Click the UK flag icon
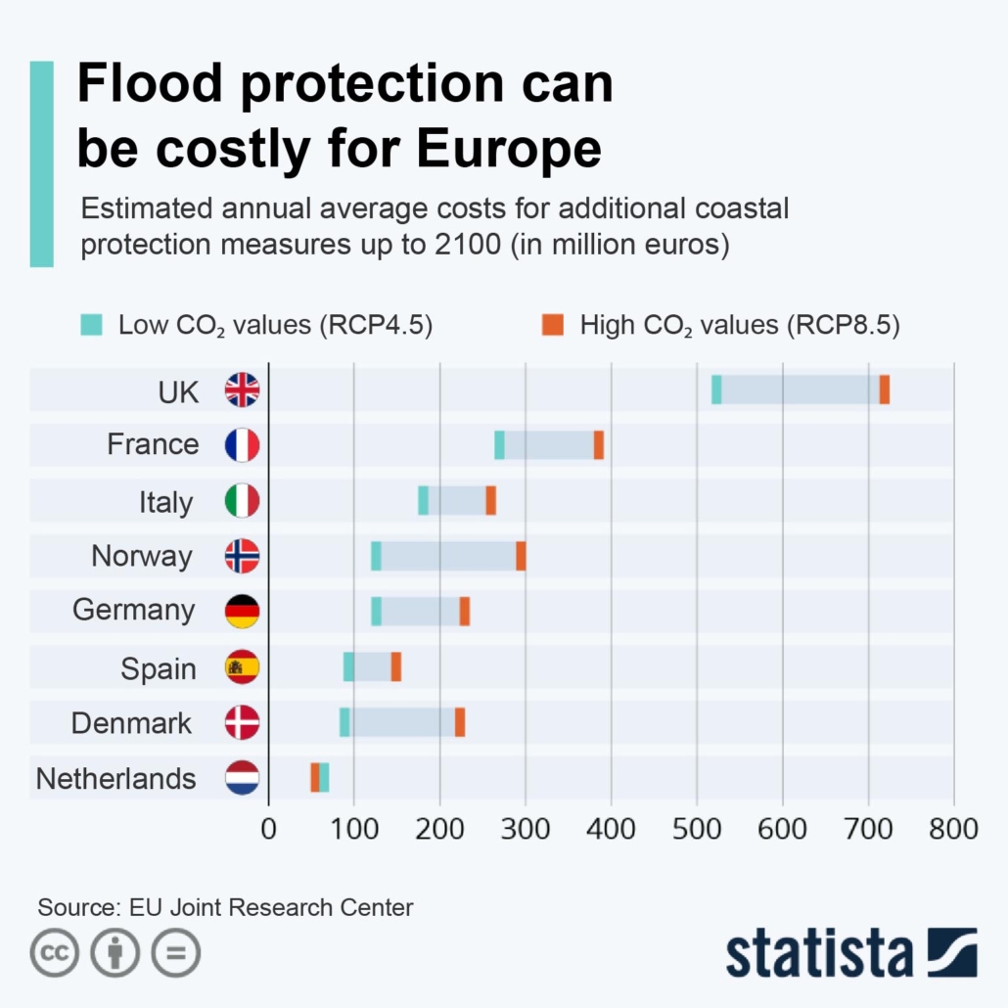(x=242, y=389)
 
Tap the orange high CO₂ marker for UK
(x=885, y=389)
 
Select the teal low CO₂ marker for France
(x=499, y=445)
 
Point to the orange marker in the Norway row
(x=522, y=556)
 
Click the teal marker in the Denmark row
(x=344, y=722)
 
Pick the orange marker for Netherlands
(x=315, y=777)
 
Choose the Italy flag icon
(x=242, y=501)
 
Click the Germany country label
(x=134, y=611)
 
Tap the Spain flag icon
(x=242, y=667)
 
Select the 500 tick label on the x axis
(x=697, y=829)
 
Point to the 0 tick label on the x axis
(x=269, y=829)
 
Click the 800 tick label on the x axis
(x=953, y=829)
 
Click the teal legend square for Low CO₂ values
(x=91, y=325)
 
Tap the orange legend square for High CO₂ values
(x=553, y=325)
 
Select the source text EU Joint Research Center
(x=271, y=907)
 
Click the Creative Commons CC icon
(x=55, y=953)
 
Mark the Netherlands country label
(x=115, y=779)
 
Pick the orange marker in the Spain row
(x=396, y=666)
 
